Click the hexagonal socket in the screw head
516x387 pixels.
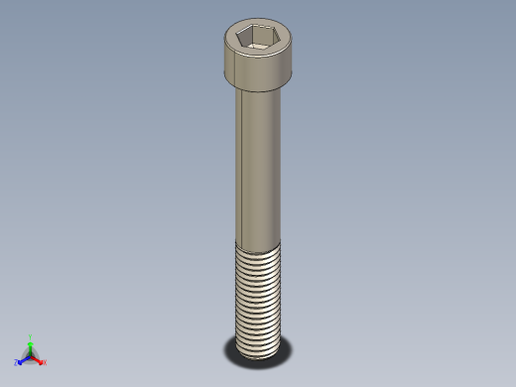click(255, 39)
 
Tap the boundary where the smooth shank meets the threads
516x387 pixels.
click(258, 244)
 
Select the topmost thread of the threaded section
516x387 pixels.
click(258, 249)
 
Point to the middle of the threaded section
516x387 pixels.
click(258, 298)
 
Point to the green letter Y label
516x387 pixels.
click(31, 336)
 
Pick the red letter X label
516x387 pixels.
click(45, 362)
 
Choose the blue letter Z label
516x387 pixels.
click(17, 363)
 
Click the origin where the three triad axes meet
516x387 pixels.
click(31, 355)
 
